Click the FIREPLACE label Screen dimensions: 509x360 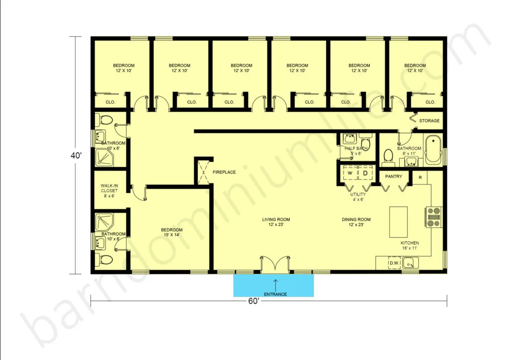click(x=224, y=172)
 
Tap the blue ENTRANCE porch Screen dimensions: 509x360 click(x=273, y=285)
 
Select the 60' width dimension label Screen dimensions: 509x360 click(x=254, y=301)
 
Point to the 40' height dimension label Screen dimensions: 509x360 click(x=76, y=156)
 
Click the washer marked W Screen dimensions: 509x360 click(x=350, y=173)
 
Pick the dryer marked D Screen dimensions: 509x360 click(x=365, y=173)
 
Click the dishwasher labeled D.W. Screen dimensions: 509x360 click(x=394, y=263)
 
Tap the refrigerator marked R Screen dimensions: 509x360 click(x=420, y=178)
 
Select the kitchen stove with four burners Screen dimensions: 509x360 click(x=433, y=217)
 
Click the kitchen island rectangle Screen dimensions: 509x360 click(x=398, y=222)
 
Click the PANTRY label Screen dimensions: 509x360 click(x=394, y=177)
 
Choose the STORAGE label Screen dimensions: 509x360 click(x=429, y=121)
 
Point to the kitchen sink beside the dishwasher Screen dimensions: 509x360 click(x=410, y=263)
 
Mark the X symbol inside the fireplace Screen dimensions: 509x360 click(x=203, y=172)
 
